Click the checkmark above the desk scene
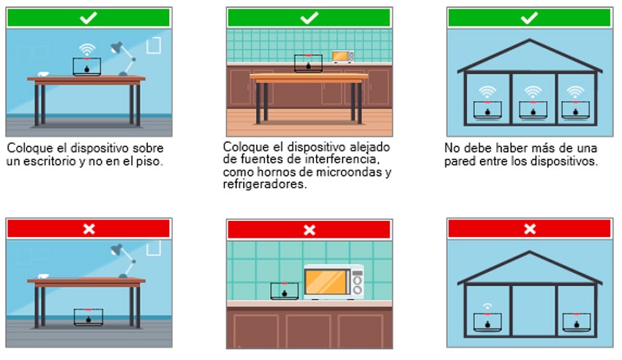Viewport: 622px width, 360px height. coord(88,18)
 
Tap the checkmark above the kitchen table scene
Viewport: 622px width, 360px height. coord(309,18)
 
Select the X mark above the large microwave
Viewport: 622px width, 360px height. coord(310,230)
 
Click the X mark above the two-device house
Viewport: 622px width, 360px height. coord(530,229)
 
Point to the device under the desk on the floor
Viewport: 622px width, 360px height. coord(89,317)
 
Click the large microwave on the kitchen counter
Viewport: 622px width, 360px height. coord(334,282)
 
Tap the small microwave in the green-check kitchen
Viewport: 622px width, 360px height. coord(342,56)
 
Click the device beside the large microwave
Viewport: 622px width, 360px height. coord(285,291)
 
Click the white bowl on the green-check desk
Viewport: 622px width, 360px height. coord(43,74)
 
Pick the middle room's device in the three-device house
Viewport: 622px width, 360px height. coord(533,110)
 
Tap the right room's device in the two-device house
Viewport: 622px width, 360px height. coord(577,322)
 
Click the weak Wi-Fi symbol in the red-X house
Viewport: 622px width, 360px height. coord(487,306)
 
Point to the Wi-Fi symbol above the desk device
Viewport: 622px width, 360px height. coord(87,50)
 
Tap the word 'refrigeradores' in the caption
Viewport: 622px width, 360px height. coord(265,184)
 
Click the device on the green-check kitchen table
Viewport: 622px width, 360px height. coord(308,64)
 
